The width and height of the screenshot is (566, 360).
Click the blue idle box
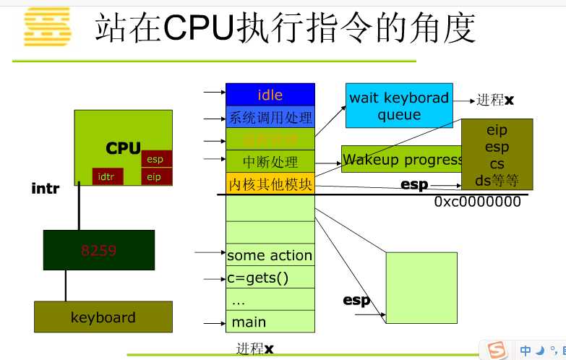270,95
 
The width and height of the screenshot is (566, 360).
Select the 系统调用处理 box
270,117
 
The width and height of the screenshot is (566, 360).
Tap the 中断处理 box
270,162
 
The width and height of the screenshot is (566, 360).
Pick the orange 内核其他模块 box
270,184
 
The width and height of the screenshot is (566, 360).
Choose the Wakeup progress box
401,159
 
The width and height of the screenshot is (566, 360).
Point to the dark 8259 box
98,250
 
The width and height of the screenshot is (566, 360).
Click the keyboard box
103,317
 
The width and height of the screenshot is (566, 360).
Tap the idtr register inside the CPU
106,176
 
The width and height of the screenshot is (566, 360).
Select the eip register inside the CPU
153,176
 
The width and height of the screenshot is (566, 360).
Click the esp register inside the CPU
155,159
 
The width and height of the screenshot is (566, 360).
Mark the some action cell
270,255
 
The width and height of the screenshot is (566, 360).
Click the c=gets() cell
257,277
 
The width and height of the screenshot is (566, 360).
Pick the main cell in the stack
249,322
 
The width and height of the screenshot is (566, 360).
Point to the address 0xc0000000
477,202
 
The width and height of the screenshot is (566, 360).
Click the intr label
45,188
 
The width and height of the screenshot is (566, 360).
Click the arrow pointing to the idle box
214,93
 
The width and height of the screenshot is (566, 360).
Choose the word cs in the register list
497,163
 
